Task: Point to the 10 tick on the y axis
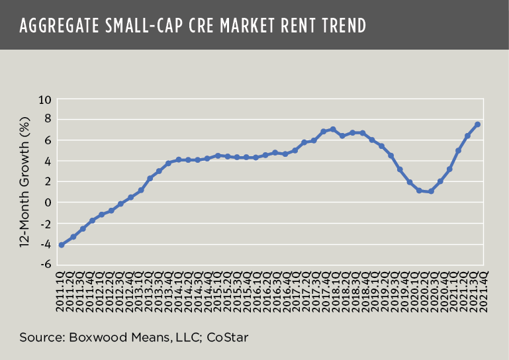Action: coord(44,100)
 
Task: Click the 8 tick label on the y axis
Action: coord(47,120)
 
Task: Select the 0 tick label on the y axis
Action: coord(47,202)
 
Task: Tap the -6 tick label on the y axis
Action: coord(44,264)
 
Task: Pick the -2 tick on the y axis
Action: coord(44,223)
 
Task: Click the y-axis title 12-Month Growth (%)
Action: coord(24,182)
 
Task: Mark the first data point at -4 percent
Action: coord(62,245)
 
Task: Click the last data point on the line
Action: coord(477,124)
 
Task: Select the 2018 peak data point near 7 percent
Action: coord(332,129)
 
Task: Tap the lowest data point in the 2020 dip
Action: coord(431,191)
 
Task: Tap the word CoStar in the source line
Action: coord(227,337)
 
